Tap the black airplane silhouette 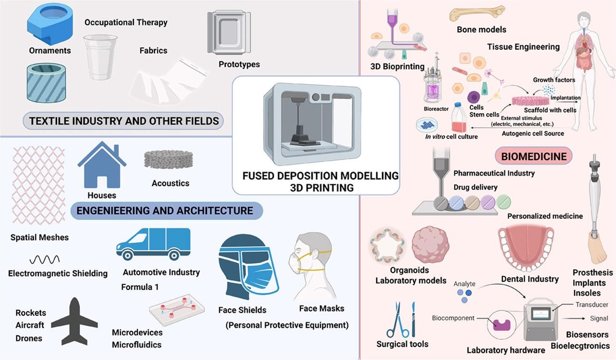75,321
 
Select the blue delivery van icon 153,244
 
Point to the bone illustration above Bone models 477,13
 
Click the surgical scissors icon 399,320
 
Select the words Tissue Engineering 523,47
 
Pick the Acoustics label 170,183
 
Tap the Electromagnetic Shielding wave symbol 44,260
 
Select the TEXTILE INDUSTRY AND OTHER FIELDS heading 125,121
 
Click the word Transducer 591,305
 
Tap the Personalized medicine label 545,216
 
